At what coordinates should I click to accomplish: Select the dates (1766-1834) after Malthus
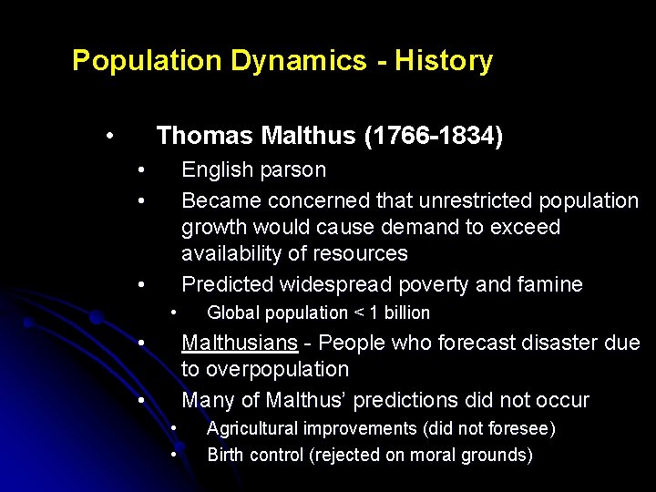point(433,137)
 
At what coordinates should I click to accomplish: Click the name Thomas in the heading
point(205,137)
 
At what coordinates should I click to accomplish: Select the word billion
point(405,313)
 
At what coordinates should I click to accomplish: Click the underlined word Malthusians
point(240,343)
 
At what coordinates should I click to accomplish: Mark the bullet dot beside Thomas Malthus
point(108,137)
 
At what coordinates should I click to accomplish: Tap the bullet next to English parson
point(141,170)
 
